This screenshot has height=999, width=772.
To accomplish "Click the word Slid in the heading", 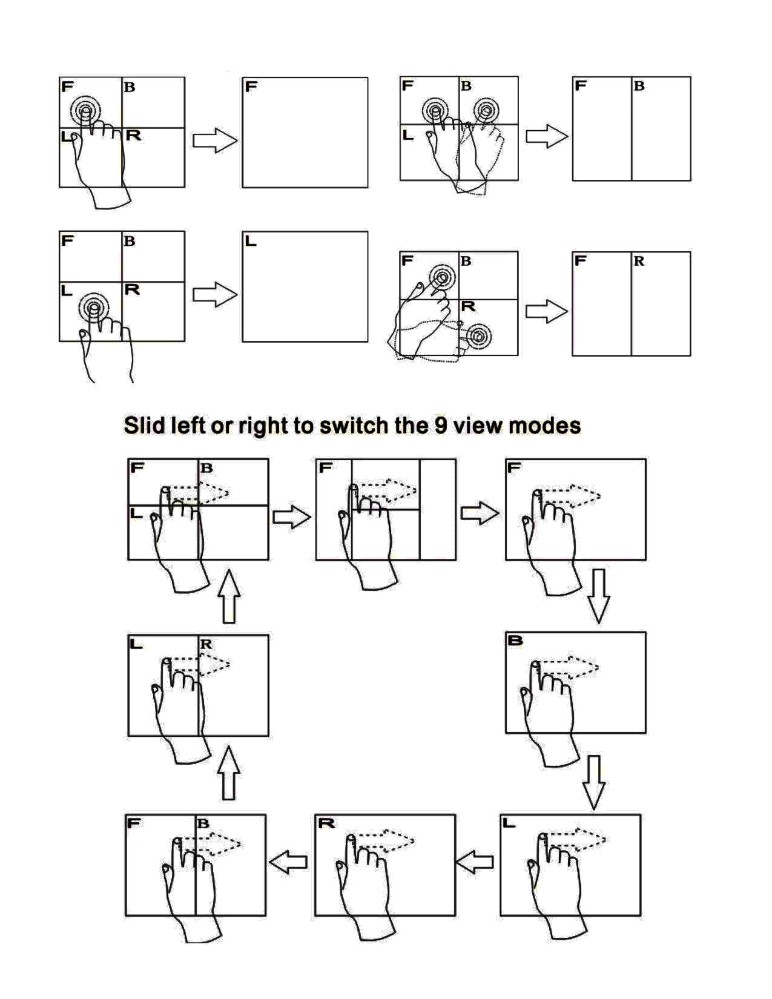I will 145,425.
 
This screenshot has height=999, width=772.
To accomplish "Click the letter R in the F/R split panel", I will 639,262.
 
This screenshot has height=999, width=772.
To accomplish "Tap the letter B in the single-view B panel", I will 516,641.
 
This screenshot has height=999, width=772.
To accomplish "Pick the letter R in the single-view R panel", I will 326,823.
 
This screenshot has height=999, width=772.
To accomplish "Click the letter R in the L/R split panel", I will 206,644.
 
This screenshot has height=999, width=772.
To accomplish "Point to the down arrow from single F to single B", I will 598,596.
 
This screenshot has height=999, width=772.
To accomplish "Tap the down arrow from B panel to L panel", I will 594,782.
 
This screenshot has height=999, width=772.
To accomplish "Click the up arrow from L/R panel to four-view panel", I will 228,596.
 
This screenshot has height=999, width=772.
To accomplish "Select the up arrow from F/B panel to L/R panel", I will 228,773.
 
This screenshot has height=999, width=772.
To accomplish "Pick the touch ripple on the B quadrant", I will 485,111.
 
